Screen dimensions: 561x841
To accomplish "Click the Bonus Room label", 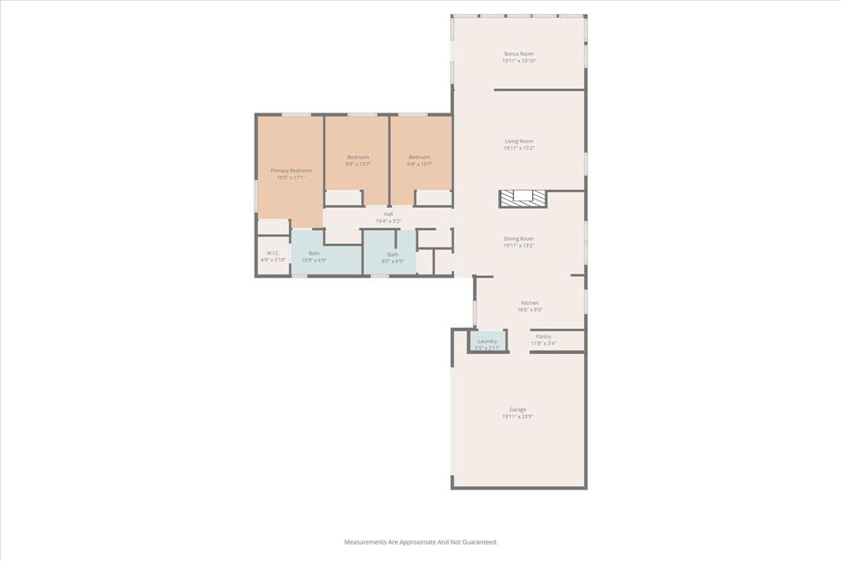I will (x=518, y=54).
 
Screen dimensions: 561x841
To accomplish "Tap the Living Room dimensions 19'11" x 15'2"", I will (x=518, y=149).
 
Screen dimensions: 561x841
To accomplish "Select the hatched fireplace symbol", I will (x=522, y=198).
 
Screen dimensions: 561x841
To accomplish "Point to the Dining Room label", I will (x=518, y=239).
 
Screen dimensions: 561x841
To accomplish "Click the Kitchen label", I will (x=530, y=303).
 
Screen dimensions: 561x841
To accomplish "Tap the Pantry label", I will (x=543, y=336).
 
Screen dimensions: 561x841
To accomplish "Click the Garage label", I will (x=517, y=409).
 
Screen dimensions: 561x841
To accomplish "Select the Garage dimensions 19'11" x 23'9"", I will (x=517, y=417).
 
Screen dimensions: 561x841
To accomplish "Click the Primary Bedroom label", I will (x=291, y=170).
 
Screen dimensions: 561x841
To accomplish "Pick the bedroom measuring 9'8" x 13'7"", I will (x=357, y=160).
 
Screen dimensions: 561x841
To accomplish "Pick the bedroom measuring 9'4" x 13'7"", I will (x=420, y=160).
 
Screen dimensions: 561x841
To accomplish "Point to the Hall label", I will (x=388, y=214).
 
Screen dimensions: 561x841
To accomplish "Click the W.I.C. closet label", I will (x=273, y=253).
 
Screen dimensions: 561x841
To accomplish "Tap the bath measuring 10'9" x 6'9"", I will (x=314, y=256).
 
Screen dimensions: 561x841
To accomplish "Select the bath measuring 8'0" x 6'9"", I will (x=393, y=257).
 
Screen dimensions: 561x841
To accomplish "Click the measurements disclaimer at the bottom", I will (x=420, y=542).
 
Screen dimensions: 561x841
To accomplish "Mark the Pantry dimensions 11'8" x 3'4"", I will (x=543, y=343).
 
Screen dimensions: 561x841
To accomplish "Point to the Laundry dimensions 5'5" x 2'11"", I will (x=487, y=348).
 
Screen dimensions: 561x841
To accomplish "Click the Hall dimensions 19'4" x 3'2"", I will (x=388, y=222).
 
